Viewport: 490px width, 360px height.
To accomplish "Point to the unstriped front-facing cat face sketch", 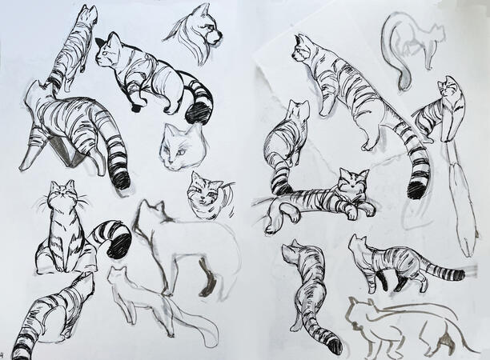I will pyautogui.click(x=180, y=147).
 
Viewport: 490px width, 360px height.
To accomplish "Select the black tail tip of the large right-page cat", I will pyautogui.click(x=416, y=190).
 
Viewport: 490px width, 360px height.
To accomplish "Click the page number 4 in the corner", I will pyautogui.click(x=3, y=354).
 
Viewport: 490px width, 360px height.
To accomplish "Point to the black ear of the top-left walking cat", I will pyautogui.click(x=100, y=42).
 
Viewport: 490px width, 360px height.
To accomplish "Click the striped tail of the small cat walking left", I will pyautogui.click(x=443, y=273).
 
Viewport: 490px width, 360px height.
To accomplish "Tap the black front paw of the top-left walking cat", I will pyautogui.click(x=135, y=107).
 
